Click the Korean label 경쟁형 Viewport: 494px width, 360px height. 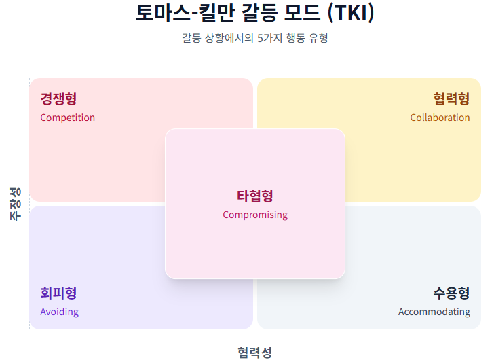[58, 99]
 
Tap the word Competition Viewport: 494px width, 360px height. [67, 118]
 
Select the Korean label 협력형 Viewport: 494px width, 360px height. [451, 99]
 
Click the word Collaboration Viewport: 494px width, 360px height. [440, 118]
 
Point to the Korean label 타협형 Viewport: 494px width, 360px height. [255, 196]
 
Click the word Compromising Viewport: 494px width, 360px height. [255, 215]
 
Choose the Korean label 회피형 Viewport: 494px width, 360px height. [58, 293]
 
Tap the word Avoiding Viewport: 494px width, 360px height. [59, 312]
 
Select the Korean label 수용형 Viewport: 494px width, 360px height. [451, 293]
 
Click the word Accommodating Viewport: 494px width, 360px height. [434, 312]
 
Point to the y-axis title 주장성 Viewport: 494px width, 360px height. [15, 203]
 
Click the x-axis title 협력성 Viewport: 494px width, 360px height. [255, 352]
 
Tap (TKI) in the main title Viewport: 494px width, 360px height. [351, 13]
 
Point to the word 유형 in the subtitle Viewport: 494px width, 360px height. [318, 38]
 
